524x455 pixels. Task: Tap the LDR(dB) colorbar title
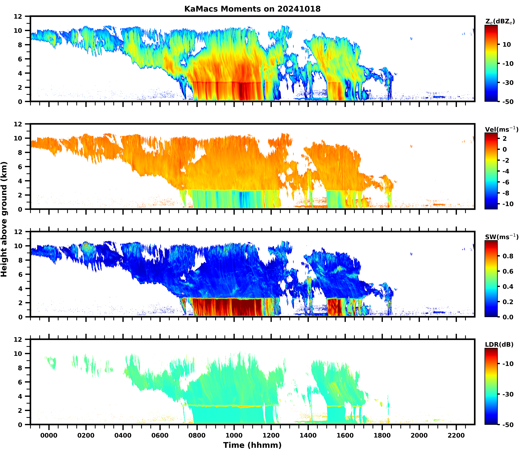(499, 345)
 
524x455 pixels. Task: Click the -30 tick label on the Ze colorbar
(508, 83)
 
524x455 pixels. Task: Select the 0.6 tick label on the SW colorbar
(508, 271)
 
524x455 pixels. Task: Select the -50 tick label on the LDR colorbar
(508, 424)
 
